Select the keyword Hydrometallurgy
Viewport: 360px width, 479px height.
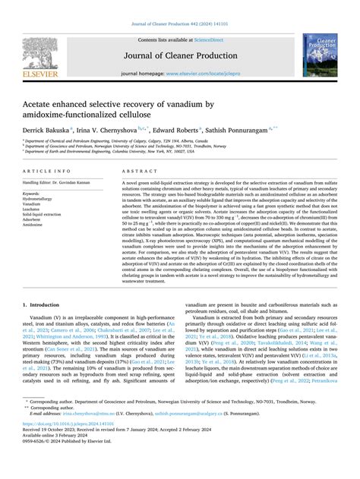[38, 198]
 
